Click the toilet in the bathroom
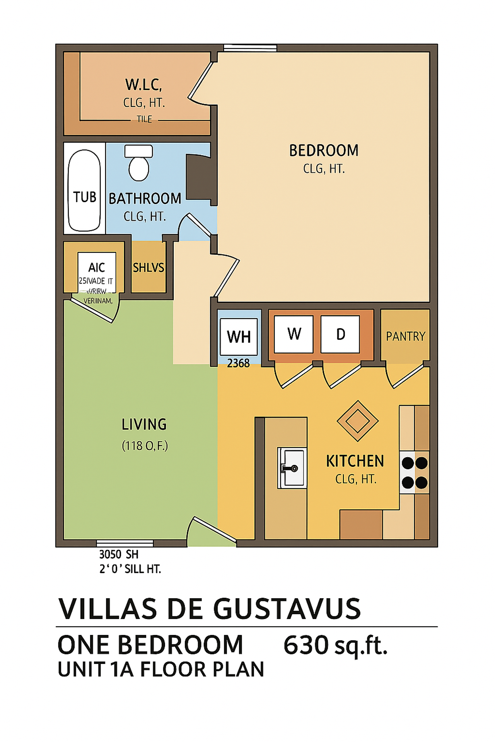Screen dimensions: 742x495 139,164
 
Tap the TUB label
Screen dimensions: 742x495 85,197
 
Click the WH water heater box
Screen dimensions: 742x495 239,337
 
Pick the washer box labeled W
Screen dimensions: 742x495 294,334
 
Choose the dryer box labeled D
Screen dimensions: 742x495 340,334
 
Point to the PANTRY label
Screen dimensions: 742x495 405,336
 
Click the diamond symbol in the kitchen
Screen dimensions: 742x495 358,421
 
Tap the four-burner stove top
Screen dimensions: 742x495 414,472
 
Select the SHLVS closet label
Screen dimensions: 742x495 148,267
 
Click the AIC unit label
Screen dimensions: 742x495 97,267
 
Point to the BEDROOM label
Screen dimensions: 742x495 324,151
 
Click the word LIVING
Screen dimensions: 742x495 144,424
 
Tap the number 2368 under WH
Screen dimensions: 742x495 238,363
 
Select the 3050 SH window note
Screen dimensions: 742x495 119,555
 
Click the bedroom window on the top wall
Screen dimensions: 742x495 250,48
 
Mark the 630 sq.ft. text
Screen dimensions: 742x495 335,645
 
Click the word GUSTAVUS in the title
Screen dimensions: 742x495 287,609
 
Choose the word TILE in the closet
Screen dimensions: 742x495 144,119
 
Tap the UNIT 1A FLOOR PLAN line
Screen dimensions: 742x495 161,670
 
